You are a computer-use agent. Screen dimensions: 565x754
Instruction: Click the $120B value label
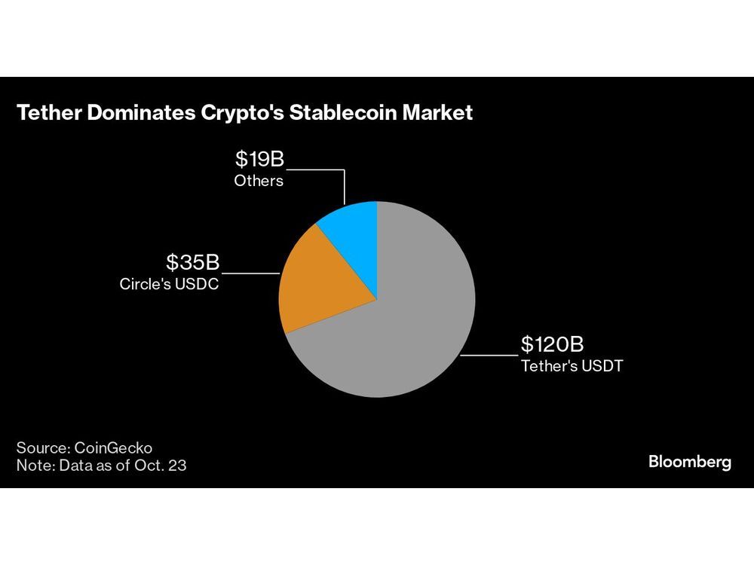[x=552, y=345]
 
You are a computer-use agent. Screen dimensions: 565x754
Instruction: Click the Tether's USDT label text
[x=572, y=368]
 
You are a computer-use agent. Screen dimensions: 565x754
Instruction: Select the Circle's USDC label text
[x=169, y=285]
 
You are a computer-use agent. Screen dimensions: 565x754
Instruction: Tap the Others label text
[x=259, y=181]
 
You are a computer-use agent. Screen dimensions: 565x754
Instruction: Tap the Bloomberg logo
[x=689, y=463]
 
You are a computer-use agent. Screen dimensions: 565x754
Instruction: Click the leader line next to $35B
[x=250, y=272]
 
